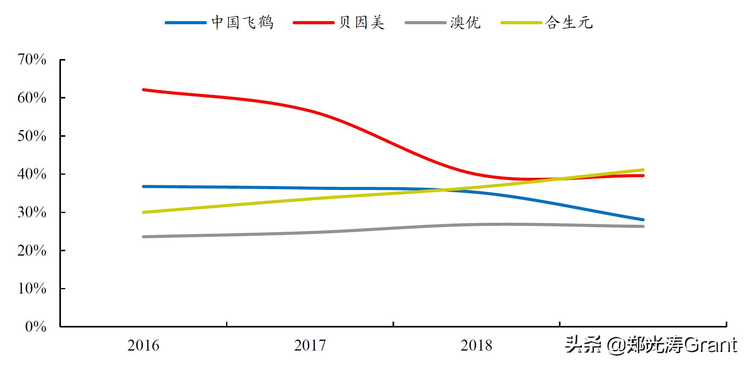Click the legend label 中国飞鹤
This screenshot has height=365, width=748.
pyautogui.click(x=242, y=23)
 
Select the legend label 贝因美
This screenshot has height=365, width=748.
pyautogui.click(x=362, y=23)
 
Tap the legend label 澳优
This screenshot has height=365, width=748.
pyautogui.click(x=465, y=23)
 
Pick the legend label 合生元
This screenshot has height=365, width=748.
pyautogui.click(x=569, y=23)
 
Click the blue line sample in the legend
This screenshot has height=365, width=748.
pyautogui.click(x=186, y=23)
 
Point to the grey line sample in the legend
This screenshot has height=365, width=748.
pyautogui.click(x=425, y=23)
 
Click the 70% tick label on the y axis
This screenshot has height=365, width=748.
pyautogui.click(x=32, y=60)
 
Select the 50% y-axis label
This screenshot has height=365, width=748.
pyautogui.click(x=32, y=136)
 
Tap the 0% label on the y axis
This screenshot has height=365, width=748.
pyautogui.click(x=36, y=327)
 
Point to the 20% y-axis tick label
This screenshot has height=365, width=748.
pyautogui.click(x=32, y=250)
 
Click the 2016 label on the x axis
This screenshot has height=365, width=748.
pyautogui.click(x=143, y=345)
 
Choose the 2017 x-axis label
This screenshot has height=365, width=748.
pyautogui.click(x=310, y=345)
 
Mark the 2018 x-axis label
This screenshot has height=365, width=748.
pyautogui.click(x=477, y=345)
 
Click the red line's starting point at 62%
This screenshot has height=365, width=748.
pyautogui.click(x=144, y=90)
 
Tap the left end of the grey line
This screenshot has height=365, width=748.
pyautogui.click(x=144, y=237)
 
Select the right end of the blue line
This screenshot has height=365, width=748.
pyautogui.click(x=643, y=220)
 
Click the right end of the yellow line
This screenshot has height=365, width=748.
pyautogui.click(x=643, y=170)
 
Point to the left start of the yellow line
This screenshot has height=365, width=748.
pyautogui.click(x=144, y=212)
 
